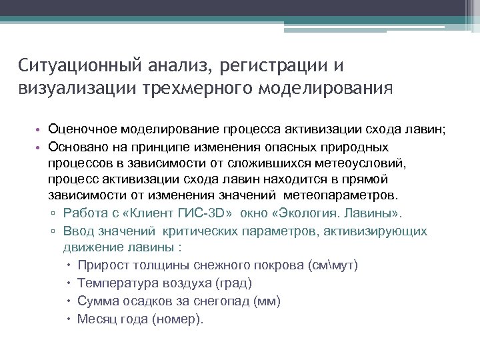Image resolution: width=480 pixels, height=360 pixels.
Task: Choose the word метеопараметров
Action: pyautogui.click(x=339, y=196)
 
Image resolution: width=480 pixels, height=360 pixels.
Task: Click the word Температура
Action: pyautogui.click(x=113, y=283)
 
